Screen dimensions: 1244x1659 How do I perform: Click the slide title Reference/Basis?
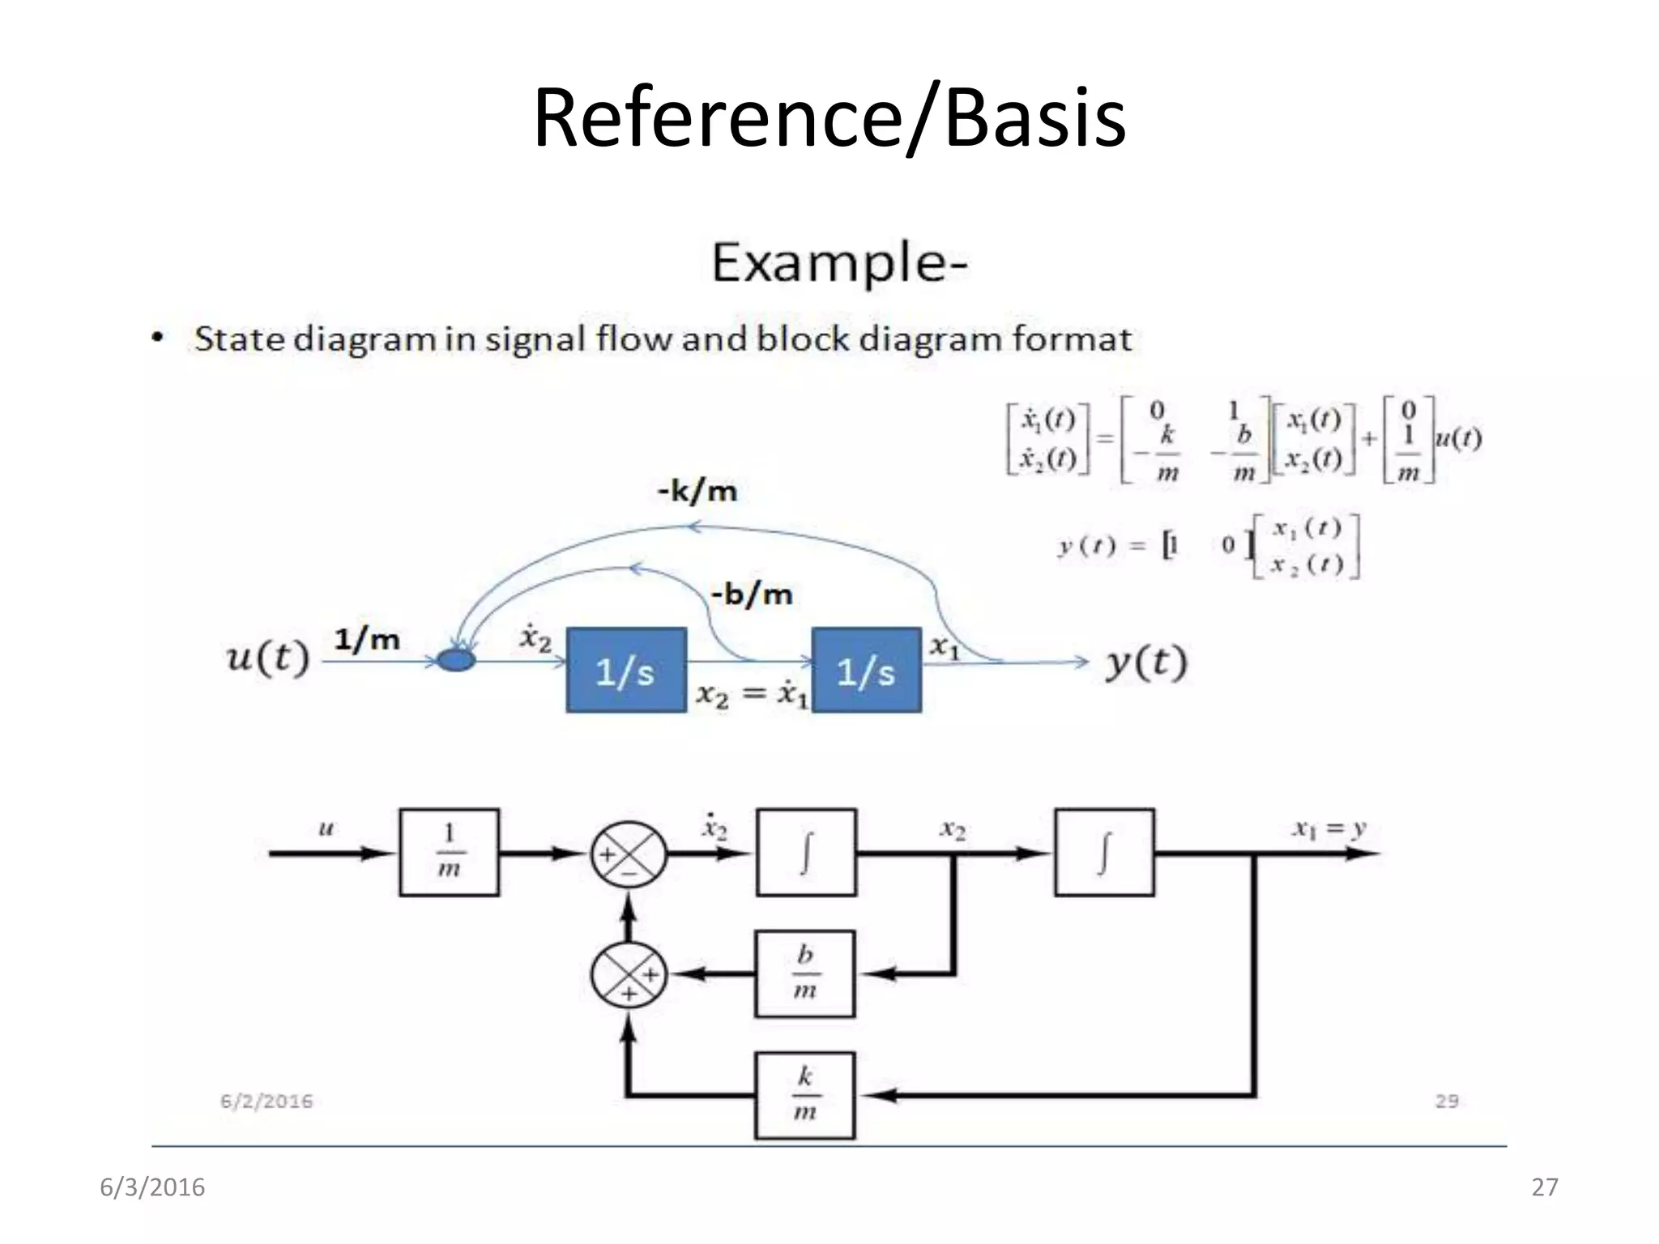(x=829, y=118)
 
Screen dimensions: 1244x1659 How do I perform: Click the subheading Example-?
(x=839, y=262)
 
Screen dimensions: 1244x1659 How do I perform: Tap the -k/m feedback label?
(x=697, y=491)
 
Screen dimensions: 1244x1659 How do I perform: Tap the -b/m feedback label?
(x=751, y=594)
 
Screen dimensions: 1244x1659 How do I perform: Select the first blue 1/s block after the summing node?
(x=626, y=671)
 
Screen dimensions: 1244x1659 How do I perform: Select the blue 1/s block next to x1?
(x=866, y=671)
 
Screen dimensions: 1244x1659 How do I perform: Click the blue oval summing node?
(x=456, y=661)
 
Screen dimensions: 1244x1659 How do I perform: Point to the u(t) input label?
(x=267, y=658)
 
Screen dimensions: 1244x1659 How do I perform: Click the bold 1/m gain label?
(x=368, y=640)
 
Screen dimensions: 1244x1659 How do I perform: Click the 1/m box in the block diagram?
(x=449, y=852)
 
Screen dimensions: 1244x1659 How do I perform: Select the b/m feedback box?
(x=804, y=973)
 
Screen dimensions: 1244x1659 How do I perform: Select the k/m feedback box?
(x=804, y=1095)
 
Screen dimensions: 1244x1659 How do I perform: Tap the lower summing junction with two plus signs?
(x=629, y=974)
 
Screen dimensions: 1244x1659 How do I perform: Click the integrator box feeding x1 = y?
(x=1104, y=852)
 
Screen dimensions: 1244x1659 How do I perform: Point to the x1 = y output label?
(x=1328, y=829)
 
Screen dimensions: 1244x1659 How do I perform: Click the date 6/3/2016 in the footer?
(x=152, y=1187)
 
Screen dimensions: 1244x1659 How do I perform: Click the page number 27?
(x=1545, y=1187)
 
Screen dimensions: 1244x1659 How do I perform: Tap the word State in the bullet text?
(x=239, y=339)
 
